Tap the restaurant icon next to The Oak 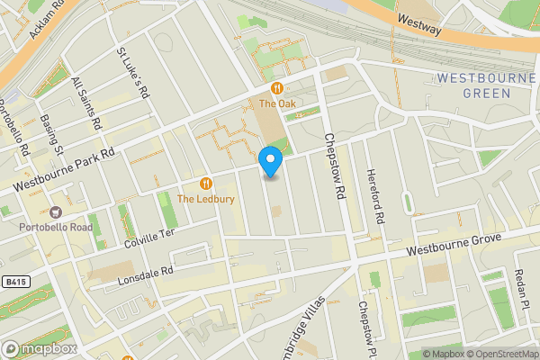(x=277, y=88)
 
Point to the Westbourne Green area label (x=487, y=85)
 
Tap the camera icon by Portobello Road (x=56, y=213)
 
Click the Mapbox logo (x=39, y=348)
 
